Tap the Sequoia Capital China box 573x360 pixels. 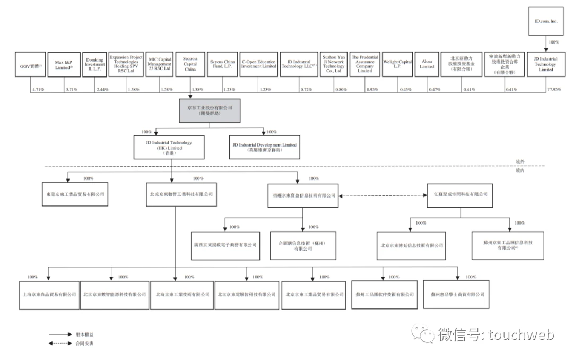tap(190, 64)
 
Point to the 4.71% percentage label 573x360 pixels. tap(38, 90)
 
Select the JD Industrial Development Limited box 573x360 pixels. tap(264, 147)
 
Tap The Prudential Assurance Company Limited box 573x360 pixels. tap(364, 64)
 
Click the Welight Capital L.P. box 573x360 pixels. tap(397, 64)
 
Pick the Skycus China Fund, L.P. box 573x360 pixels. tap(222, 64)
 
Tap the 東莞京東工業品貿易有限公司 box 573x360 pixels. tap(74, 195)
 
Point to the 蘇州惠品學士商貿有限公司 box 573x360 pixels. tap(458, 294)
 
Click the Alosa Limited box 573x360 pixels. tap(427, 64)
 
